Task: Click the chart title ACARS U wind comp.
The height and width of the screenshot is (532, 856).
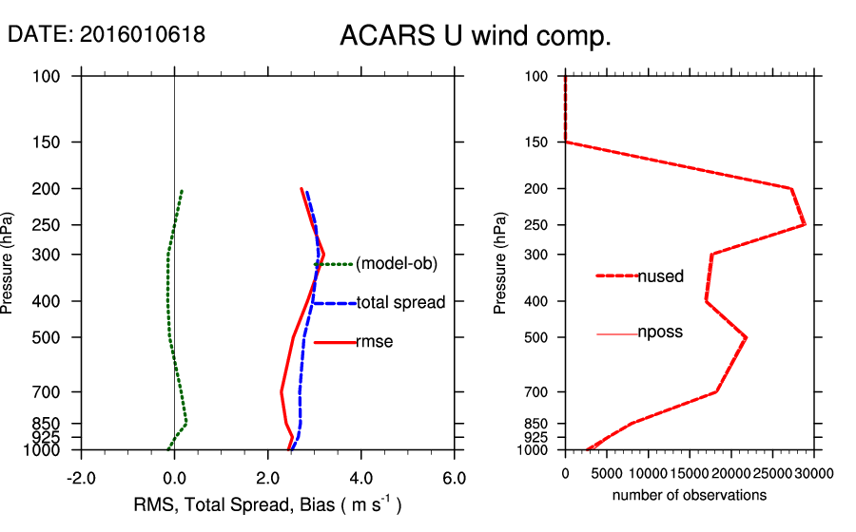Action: click(475, 37)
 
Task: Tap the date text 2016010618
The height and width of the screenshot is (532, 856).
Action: click(142, 34)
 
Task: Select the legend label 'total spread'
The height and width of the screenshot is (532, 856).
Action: click(400, 303)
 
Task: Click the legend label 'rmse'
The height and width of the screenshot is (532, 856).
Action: click(374, 341)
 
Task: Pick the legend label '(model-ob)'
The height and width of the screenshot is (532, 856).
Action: click(396, 264)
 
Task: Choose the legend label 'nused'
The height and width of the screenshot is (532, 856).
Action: click(660, 276)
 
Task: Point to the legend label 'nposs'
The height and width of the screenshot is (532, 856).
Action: click(660, 332)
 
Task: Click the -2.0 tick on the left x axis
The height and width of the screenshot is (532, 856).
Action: click(81, 478)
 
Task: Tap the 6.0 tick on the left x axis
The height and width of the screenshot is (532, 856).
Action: click(455, 478)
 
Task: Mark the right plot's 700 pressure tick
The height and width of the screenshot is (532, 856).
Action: click(537, 391)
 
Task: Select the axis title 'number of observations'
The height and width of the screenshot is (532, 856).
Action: click(690, 495)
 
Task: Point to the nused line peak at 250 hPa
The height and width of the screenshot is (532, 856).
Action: click(805, 224)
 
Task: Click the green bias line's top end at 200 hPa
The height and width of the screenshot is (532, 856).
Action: click(182, 191)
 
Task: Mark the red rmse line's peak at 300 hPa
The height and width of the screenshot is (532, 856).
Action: click(323, 254)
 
